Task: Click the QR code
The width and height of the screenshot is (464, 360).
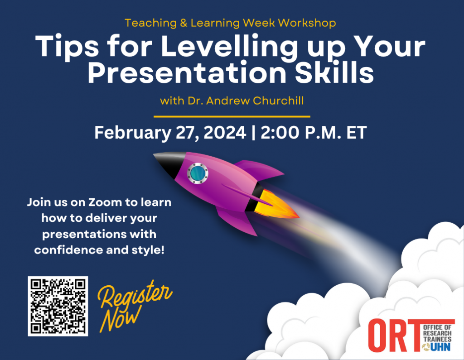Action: tap(58, 306)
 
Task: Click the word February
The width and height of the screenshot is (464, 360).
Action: tap(132, 133)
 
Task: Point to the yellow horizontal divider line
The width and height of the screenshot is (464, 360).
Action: tap(232, 116)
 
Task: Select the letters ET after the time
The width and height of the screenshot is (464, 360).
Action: tap(356, 133)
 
